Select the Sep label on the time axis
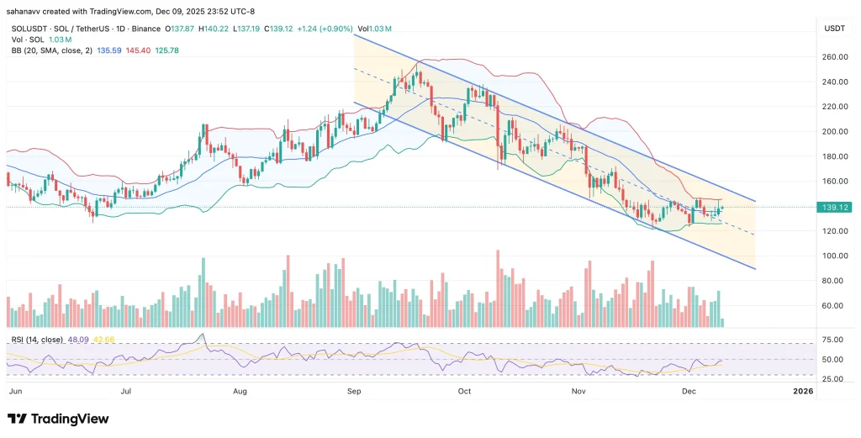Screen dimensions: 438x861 354,391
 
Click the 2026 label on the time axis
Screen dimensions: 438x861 803,391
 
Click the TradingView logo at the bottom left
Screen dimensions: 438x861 58,419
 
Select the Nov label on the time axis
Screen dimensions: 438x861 578,391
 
